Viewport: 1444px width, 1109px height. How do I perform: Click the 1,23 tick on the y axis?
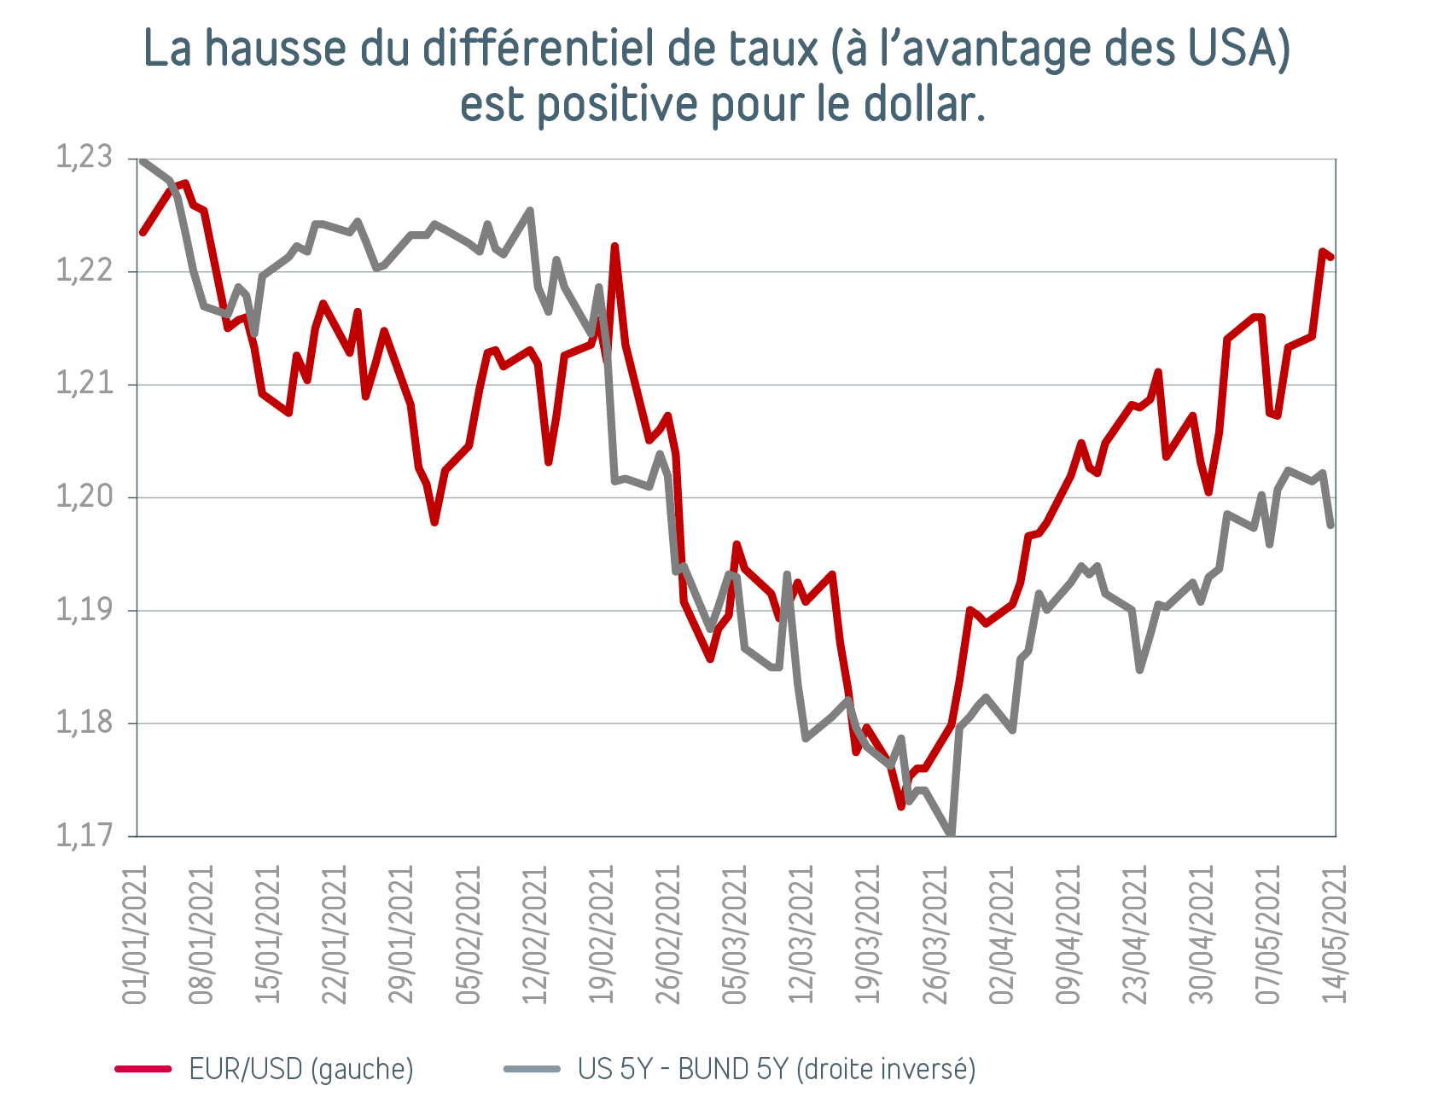(x=84, y=159)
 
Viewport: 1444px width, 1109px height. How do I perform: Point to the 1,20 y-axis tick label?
(x=84, y=496)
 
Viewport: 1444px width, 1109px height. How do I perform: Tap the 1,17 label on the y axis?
(x=84, y=835)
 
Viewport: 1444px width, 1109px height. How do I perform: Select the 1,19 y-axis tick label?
(x=84, y=610)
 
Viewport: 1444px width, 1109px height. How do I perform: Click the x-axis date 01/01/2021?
(x=136, y=935)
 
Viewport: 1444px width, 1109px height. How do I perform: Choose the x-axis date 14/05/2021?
(x=1335, y=935)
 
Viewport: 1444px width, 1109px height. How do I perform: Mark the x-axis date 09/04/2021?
(x=1069, y=935)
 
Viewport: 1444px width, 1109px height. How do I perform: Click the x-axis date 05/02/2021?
(x=469, y=935)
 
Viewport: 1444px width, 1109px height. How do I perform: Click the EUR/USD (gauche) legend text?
(x=301, y=1069)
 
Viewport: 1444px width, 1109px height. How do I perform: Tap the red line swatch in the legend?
(x=143, y=1069)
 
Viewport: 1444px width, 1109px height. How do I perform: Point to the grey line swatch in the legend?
(x=532, y=1069)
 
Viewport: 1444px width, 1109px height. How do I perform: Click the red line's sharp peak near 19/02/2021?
(x=614, y=247)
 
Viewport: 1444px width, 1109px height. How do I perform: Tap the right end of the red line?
(x=1331, y=257)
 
